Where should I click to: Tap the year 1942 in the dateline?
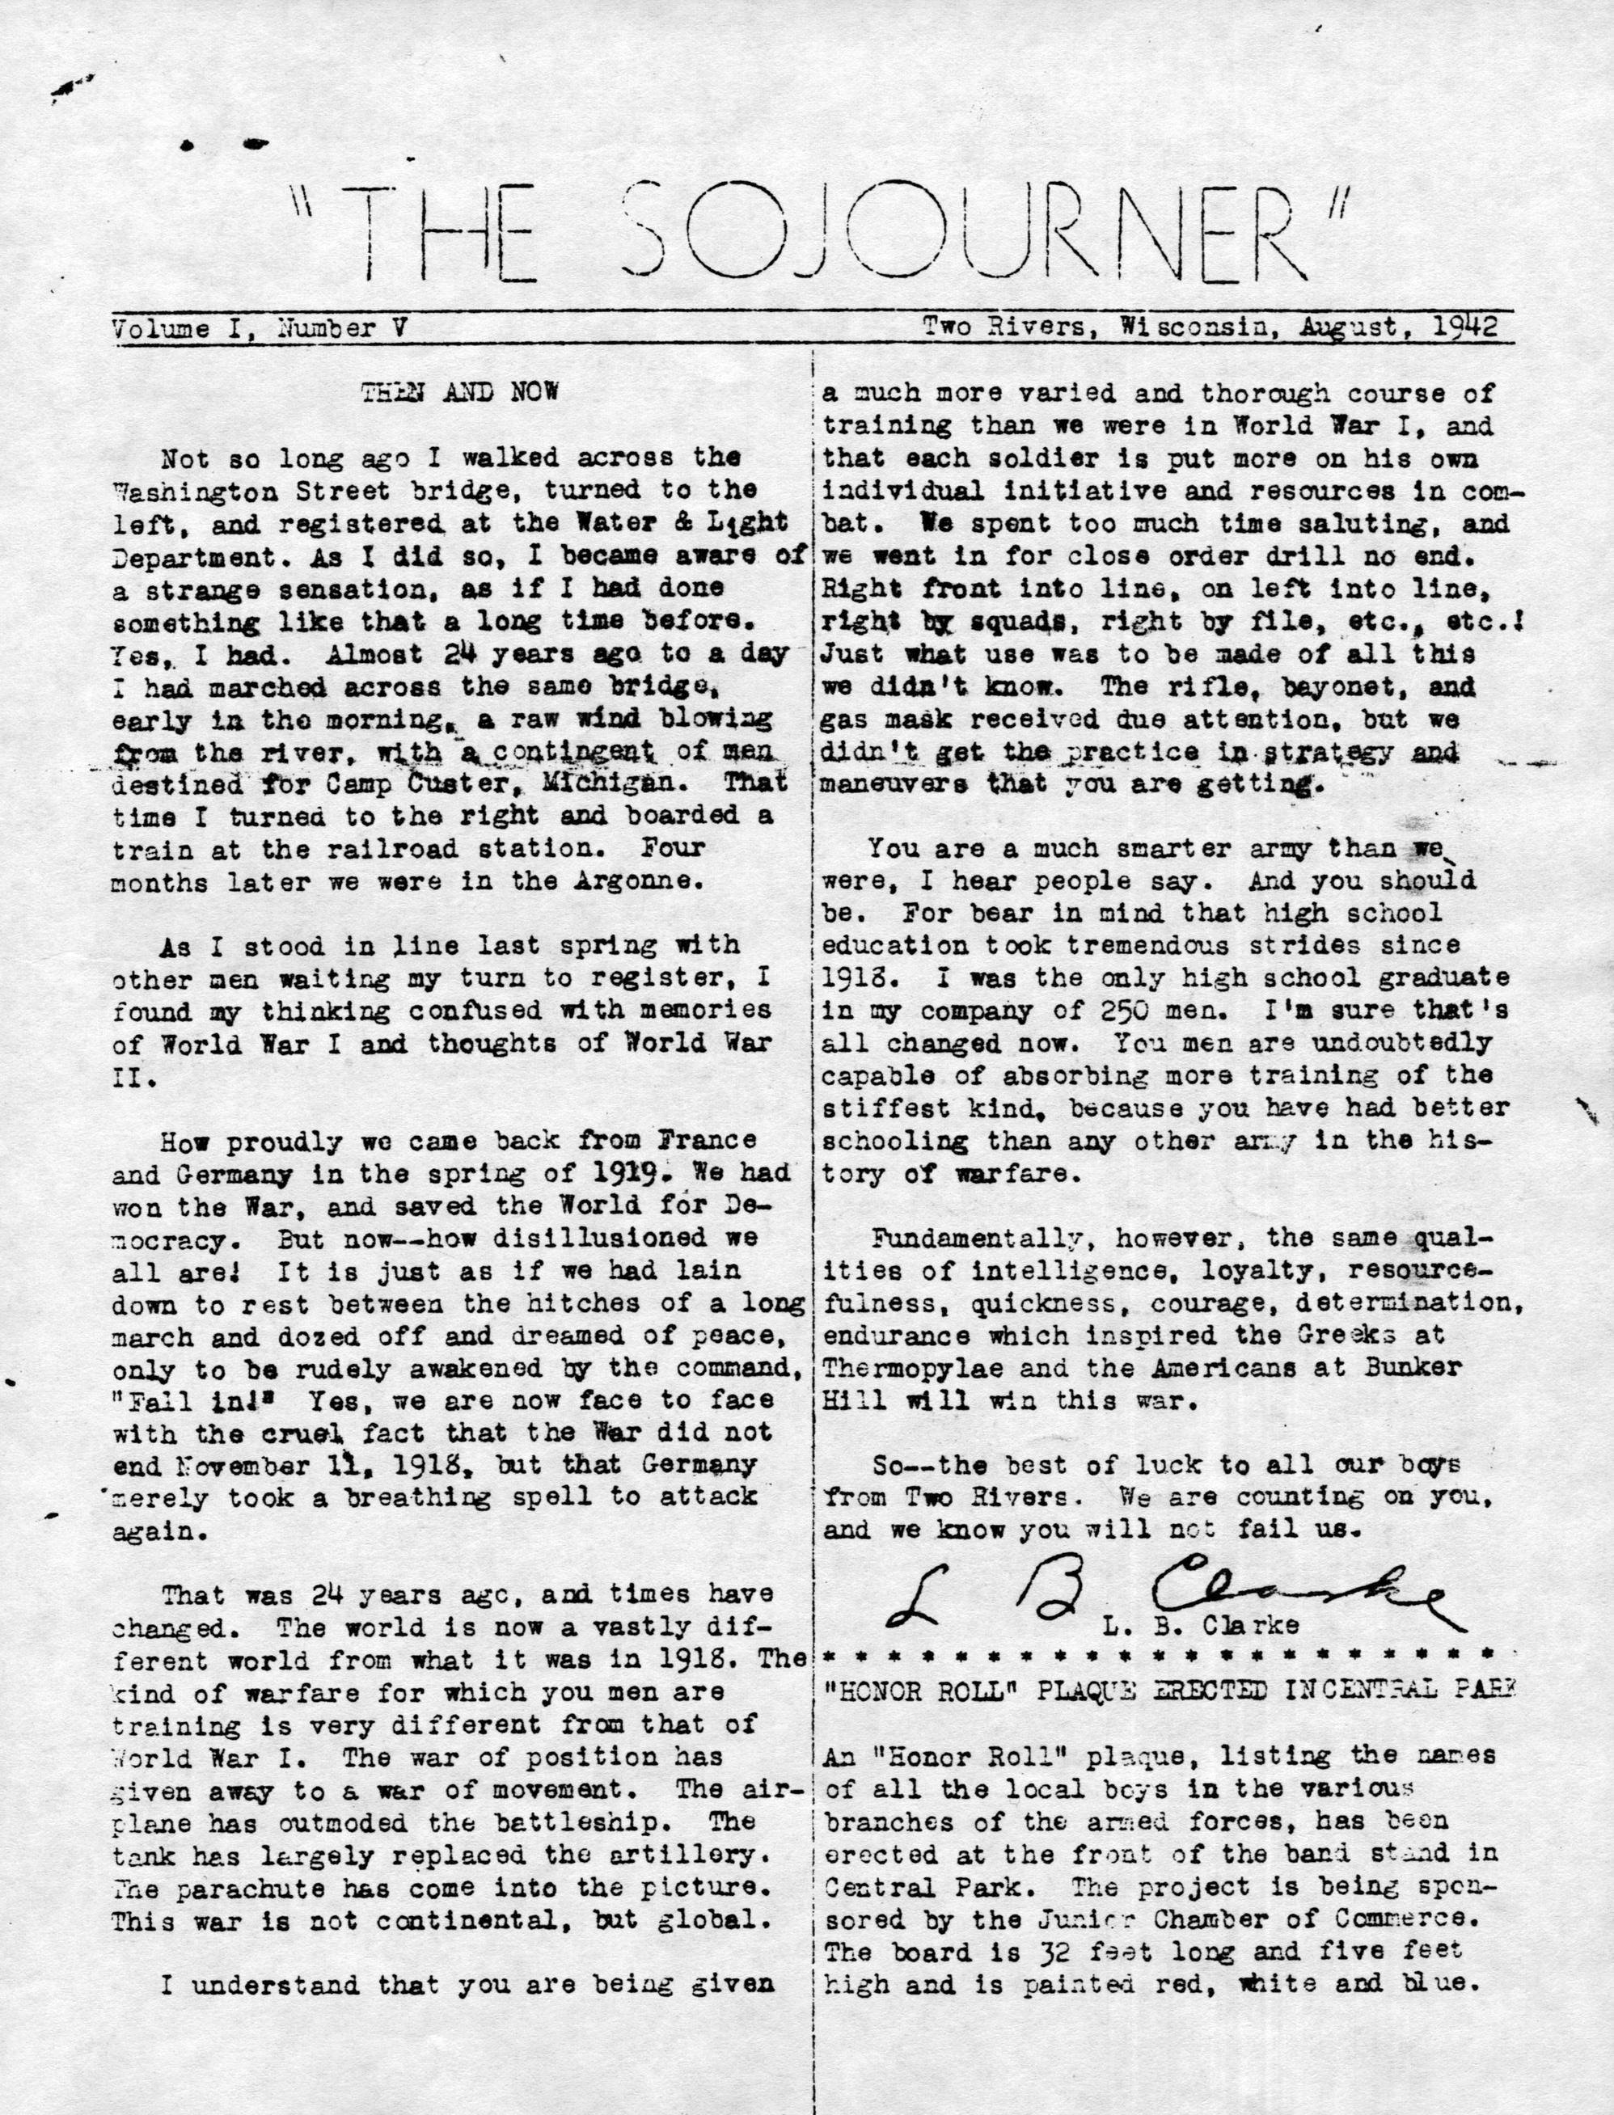[1466, 327]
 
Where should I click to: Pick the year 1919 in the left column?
[623, 1173]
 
